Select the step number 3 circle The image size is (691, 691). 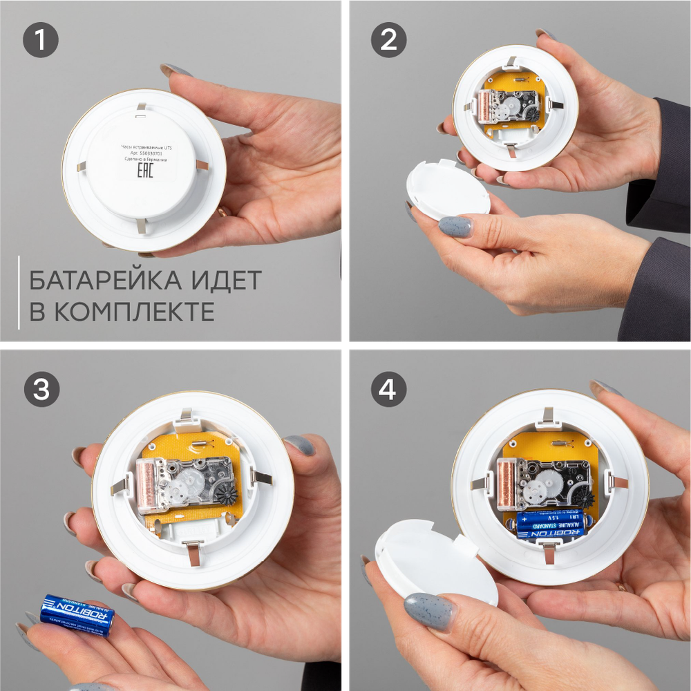pyautogui.click(x=41, y=390)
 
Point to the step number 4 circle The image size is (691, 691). pyautogui.click(x=388, y=391)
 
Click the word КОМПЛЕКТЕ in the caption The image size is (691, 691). pyautogui.click(x=134, y=312)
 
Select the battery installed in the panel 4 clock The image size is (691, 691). pyautogui.click(x=549, y=522)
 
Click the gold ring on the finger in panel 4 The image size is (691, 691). pyautogui.click(x=621, y=587)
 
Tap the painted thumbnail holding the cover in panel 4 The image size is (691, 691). pyautogui.click(x=429, y=610)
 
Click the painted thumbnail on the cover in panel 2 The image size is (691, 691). pyautogui.click(x=454, y=226)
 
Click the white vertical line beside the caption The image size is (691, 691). pyautogui.click(x=19, y=292)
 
